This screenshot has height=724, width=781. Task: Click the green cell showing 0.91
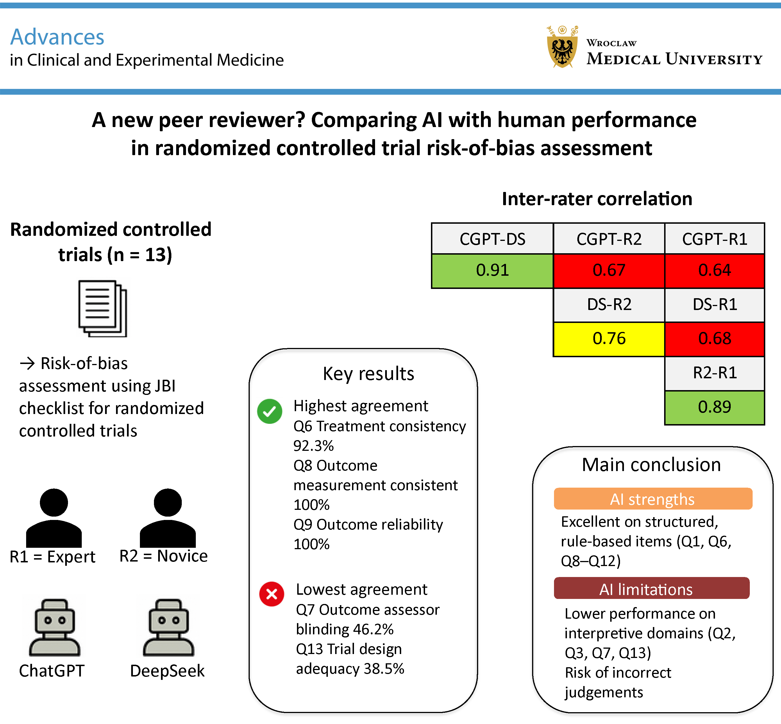pyautogui.click(x=492, y=271)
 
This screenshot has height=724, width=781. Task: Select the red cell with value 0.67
pyautogui.click(x=609, y=271)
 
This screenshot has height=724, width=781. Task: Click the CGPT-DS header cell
pyautogui.click(x=492, y=239)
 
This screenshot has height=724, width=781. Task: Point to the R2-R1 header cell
pyautogui.click(x=714, y=373)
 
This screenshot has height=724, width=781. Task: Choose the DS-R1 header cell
pyautogui.click(x=714, y=305)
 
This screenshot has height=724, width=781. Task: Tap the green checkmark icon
pyautogui.click(x=269, y=411)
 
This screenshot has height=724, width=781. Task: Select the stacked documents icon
pyautogui.click(x=103, y=309)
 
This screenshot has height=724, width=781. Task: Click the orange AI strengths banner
pyautogui.click(x=653, y=499)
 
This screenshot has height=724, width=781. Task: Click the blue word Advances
pyautogui.click(x=57, y=37)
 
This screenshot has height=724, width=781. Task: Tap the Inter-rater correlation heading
pyautogui.click(x=597, y=199)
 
